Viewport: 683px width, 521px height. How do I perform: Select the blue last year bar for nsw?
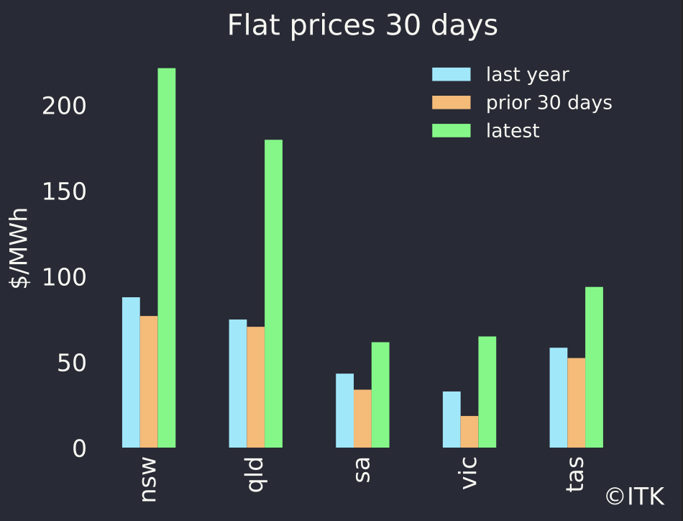pyautogui.click(x=131, y=372)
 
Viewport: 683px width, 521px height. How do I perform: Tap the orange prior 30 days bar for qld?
pyautogui.click(x=256, y=387)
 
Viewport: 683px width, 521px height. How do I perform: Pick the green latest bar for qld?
pyautogui.click(x=274, y=294)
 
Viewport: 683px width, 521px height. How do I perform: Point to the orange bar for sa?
pyautogui.click(x=362, y=419)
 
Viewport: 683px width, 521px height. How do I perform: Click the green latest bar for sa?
pyautogui.click(x=380, y=395)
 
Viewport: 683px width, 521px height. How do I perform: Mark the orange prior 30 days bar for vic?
pyautogui.click(x=469, y=432)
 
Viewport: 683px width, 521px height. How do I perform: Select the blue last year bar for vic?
pyautogui.click(x=451, y=420)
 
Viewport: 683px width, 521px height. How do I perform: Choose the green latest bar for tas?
pyautogui.click(x=594, y=367)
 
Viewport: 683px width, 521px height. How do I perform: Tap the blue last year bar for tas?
pyautogui.click(x=559, y=397)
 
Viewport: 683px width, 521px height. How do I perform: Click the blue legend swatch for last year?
pyautogui.click(x=451, y=75)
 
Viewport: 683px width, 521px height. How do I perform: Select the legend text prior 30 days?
pyautogui.click(x=549, y=103)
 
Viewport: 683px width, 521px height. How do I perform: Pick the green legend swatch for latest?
pyautogui.click(x=451, y=131)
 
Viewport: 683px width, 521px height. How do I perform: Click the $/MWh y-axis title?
pyautogui.click(x=20, y=248)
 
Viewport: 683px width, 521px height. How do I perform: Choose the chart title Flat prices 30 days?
pyautogui.click(x=362, y=26)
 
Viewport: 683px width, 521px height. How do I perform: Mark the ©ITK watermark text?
pyautogui.click(x=635, y=496)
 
